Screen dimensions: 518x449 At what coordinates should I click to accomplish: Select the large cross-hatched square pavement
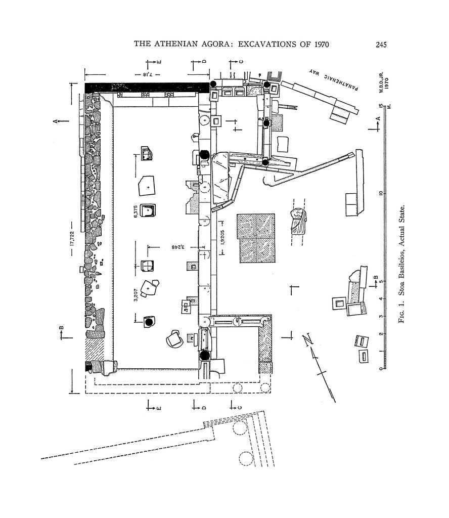tap(256, 238)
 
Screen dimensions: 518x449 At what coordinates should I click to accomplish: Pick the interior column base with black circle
tap(149, 321)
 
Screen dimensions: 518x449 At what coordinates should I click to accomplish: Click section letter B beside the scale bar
tap(375, 277)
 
